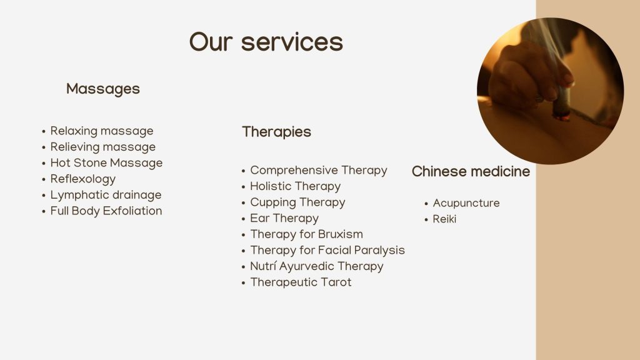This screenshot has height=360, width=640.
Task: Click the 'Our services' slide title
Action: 266,42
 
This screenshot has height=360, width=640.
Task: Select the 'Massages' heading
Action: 103,89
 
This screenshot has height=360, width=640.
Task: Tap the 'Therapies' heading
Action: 276,132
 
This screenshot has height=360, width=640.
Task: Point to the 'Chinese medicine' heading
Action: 471,171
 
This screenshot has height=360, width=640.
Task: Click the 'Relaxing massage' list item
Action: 102,131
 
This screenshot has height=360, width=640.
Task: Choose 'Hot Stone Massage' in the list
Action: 106,163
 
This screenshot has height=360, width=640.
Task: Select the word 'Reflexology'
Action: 83,179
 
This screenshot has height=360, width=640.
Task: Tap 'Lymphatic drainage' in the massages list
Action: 106,195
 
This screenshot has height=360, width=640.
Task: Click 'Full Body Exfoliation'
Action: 106,211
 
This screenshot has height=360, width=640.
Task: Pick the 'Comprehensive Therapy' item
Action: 318,170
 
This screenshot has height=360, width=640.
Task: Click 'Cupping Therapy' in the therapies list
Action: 297,202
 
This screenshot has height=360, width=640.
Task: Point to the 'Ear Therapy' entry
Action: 284,218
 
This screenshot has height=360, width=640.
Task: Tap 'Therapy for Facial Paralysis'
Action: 327,250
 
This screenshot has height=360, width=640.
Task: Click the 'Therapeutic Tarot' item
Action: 301,282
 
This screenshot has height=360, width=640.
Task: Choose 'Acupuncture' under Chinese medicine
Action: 466,203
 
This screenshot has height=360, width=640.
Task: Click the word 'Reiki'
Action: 444,219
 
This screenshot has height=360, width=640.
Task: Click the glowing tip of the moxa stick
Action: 561,117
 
